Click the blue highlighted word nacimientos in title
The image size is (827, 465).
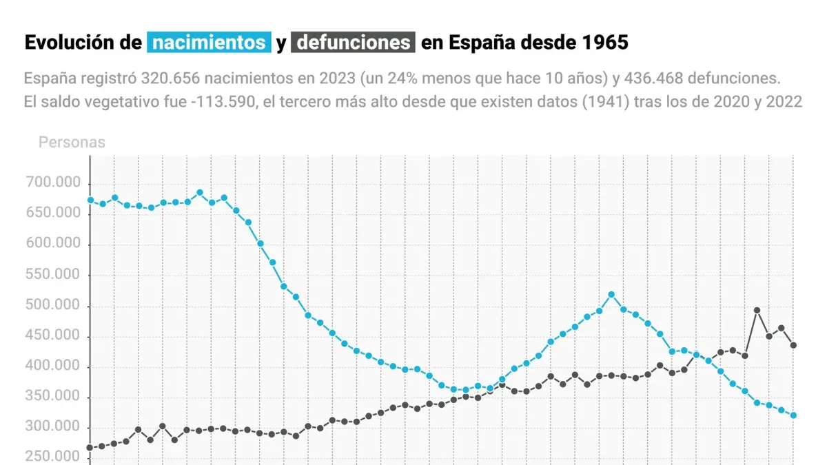[208, 43]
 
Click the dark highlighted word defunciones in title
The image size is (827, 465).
[353, 43]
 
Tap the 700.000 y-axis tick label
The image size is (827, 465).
[53, 183]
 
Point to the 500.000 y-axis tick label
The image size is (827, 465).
[53, 306]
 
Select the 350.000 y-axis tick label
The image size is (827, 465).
[53, 397]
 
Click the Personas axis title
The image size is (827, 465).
[72, 143]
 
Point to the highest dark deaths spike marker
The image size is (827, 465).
[757, 310]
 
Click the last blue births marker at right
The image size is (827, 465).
[794, 415]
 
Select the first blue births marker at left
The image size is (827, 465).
[90, 200]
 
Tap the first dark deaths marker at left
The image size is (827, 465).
[90, 448]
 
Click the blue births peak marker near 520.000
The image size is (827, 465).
[611, 294]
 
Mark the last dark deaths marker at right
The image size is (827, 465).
[794, 345]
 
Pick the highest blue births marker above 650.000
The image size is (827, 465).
[200, 193]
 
